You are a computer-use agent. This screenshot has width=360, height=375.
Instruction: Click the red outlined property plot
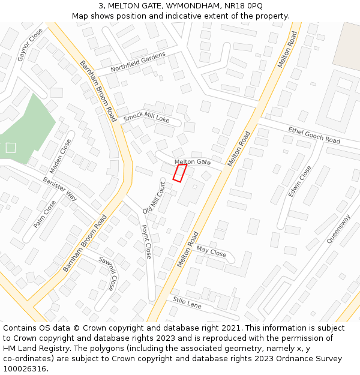point(179,173)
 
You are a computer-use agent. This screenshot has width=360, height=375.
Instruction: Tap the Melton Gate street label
point(193,162)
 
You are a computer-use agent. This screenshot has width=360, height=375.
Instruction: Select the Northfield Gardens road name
point(137,62)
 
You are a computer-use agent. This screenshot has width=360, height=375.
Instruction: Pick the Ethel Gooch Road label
point(314,135)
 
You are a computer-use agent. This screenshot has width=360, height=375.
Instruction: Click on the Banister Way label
point(60,188)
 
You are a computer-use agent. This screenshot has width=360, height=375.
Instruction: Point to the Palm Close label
point(45,214)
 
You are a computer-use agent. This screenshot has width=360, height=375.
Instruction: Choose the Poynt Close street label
point(146,242)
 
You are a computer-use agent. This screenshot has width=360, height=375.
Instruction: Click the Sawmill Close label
point(107,272)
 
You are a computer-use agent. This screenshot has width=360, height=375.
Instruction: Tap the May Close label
point(211,253)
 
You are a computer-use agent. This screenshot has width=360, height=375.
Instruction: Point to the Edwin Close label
point(299,181)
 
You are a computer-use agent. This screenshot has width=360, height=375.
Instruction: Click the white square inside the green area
point(11,148)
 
